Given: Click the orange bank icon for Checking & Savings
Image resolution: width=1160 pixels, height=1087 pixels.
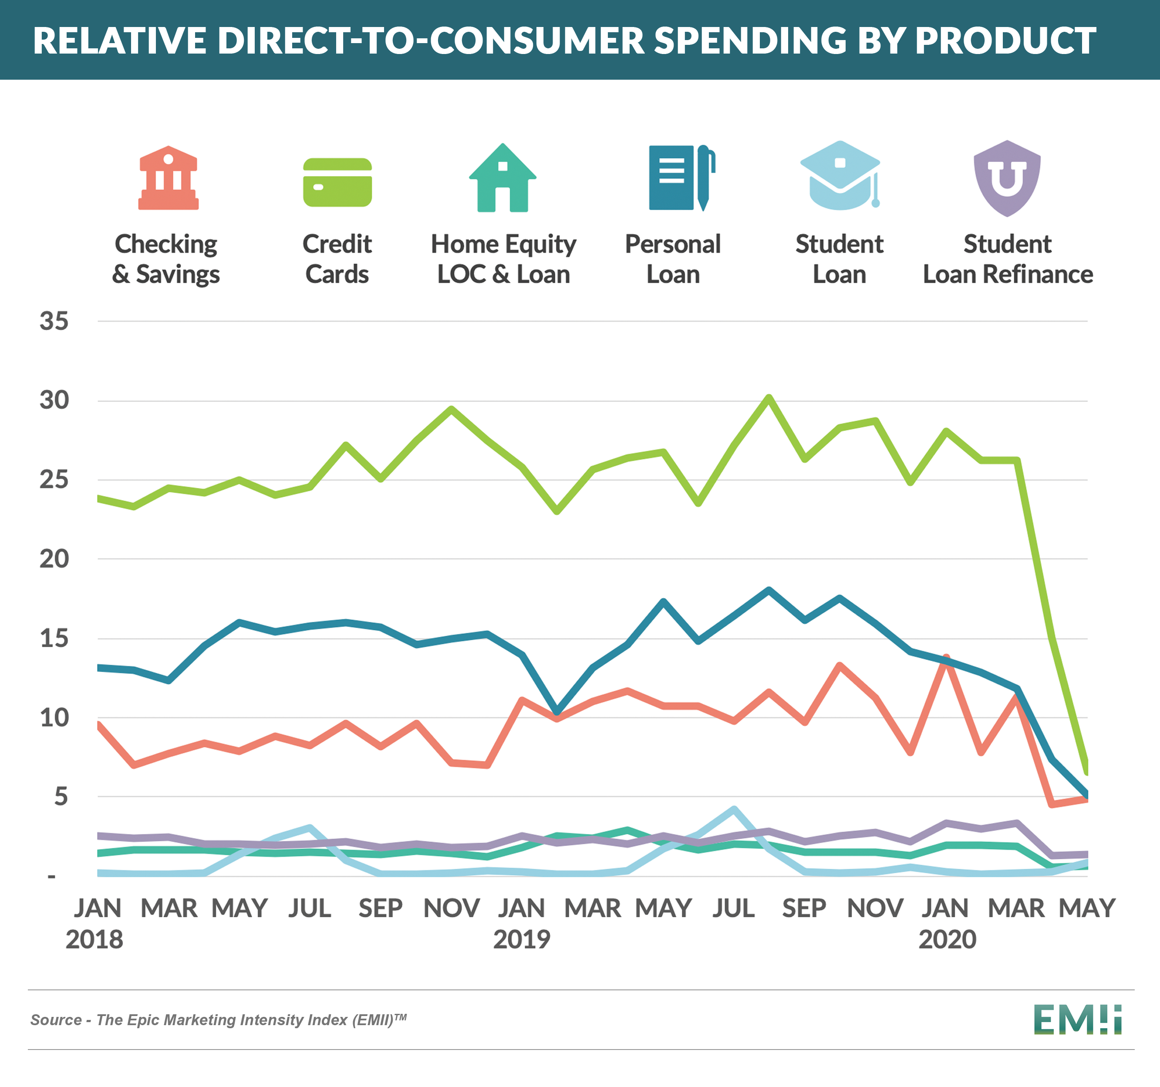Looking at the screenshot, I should point(168,178).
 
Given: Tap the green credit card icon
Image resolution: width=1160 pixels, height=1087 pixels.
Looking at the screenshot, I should point(337,182).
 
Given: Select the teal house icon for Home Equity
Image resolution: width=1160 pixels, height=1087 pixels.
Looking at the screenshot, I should point(502,179).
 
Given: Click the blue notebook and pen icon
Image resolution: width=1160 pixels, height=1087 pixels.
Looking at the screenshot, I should point(681,178).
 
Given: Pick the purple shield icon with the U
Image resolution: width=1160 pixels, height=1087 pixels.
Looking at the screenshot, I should point(1007,178).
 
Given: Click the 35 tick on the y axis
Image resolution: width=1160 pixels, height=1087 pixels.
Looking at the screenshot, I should point(54,321).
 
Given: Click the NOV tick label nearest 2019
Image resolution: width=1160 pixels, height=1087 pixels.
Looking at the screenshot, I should point(452,908).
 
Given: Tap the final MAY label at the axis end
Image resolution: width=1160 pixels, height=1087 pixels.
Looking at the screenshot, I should point(1087,908).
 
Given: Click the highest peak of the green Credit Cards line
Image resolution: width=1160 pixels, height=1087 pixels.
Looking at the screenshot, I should point(769,398).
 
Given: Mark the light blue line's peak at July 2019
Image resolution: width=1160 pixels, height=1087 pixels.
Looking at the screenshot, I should point(734,809).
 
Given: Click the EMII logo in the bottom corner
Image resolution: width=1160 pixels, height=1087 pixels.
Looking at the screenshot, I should point(1077,1019).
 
